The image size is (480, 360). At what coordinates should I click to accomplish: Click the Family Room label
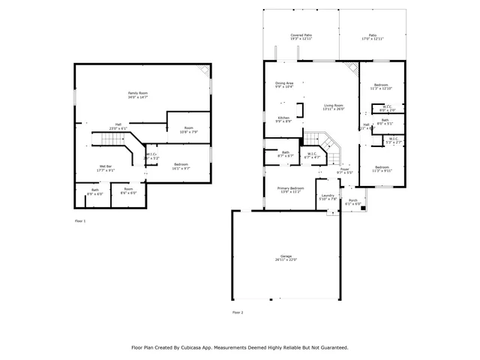138,93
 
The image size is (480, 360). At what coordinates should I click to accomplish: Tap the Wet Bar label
105,166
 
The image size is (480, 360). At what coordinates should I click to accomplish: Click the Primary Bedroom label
290,188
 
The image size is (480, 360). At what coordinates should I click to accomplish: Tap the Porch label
352,201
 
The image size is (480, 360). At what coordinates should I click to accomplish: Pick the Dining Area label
284,83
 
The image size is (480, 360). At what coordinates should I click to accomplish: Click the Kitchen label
283,118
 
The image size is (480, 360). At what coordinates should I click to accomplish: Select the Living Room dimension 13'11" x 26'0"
333,109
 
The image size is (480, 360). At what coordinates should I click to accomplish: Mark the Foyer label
344,169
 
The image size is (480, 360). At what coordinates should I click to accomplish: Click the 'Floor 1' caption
80,221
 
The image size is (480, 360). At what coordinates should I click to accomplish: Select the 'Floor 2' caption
238,311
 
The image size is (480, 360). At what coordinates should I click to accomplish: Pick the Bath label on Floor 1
94,190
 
